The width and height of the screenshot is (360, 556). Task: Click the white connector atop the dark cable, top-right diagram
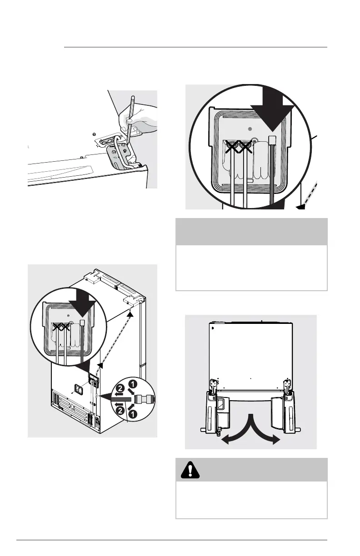273,139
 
